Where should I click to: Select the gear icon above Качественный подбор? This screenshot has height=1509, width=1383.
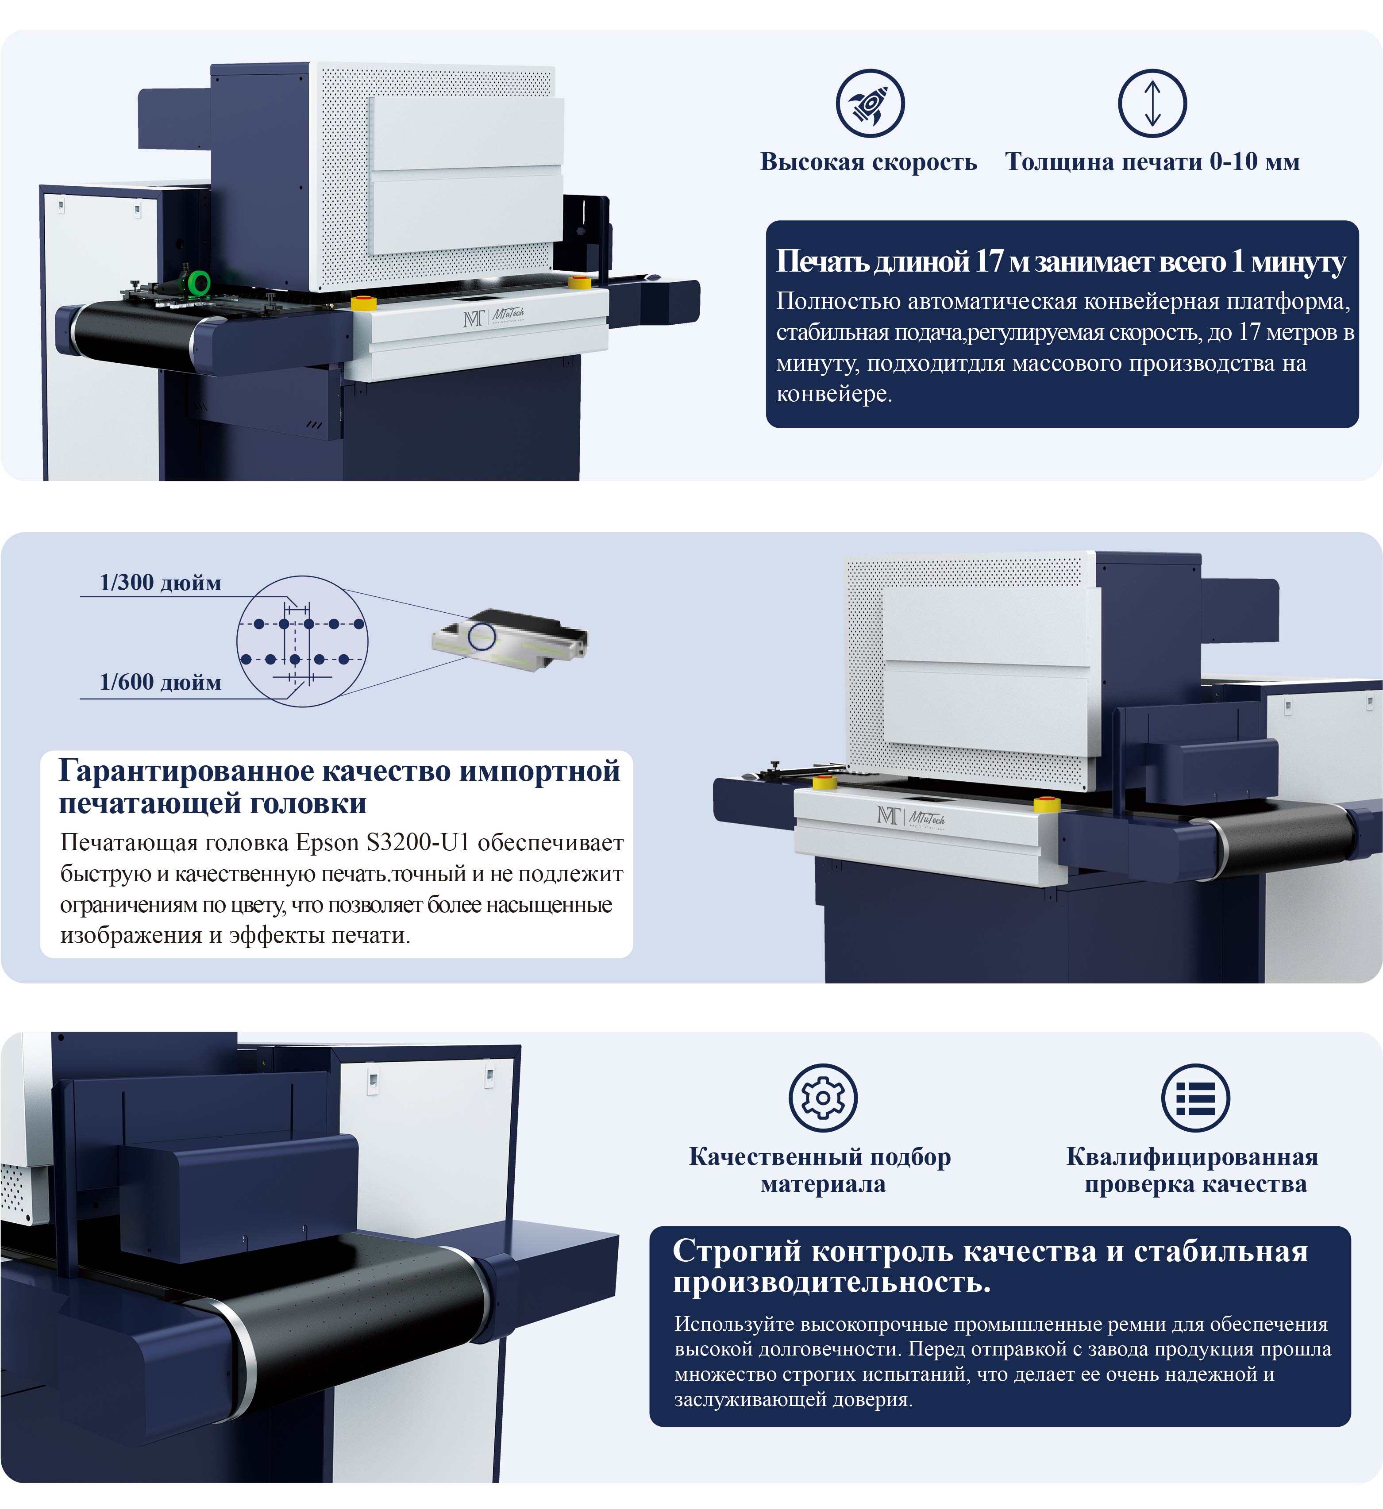(823, 1098)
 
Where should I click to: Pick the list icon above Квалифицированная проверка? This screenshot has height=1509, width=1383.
(1195, 1098)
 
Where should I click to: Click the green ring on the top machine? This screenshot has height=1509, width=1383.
(200, 283)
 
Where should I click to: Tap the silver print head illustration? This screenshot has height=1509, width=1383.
(510, 641)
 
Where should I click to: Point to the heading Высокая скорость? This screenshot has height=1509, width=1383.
(869, 161)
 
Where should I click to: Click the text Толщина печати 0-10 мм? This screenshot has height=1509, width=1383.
(1152, 161)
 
